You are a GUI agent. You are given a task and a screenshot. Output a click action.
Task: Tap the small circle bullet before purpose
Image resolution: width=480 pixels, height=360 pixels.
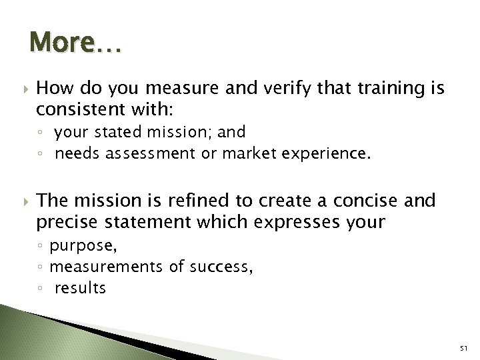(42, 247)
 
